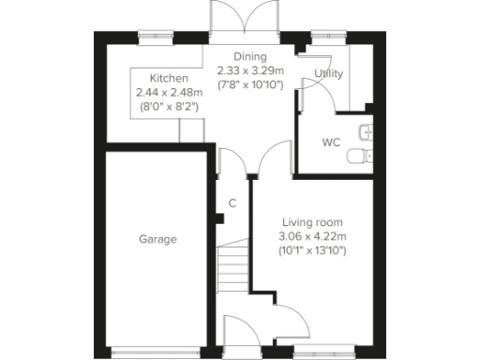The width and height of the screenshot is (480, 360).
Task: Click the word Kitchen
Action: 170,79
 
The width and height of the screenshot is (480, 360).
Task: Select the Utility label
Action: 328,73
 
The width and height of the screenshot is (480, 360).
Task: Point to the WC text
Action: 330,143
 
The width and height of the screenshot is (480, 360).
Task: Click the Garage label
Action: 158,239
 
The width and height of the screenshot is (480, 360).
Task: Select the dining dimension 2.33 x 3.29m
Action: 248,71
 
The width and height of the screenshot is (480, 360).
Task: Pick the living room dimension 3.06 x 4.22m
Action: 314,236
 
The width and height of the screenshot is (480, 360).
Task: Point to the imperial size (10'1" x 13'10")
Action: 314,250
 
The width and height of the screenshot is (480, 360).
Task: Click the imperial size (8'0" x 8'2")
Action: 169,107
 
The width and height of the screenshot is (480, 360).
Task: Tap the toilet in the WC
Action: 359,156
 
